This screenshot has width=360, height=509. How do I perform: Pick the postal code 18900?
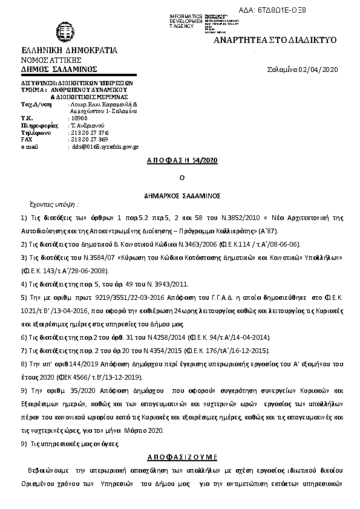79,118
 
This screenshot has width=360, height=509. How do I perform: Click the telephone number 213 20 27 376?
90,132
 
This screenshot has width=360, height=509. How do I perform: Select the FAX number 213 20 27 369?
90,139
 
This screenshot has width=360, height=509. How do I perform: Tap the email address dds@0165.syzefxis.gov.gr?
105,146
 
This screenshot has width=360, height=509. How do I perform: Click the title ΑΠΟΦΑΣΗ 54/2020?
182,161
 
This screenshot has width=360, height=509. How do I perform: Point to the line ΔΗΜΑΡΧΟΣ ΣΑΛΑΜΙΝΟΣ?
182,196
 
